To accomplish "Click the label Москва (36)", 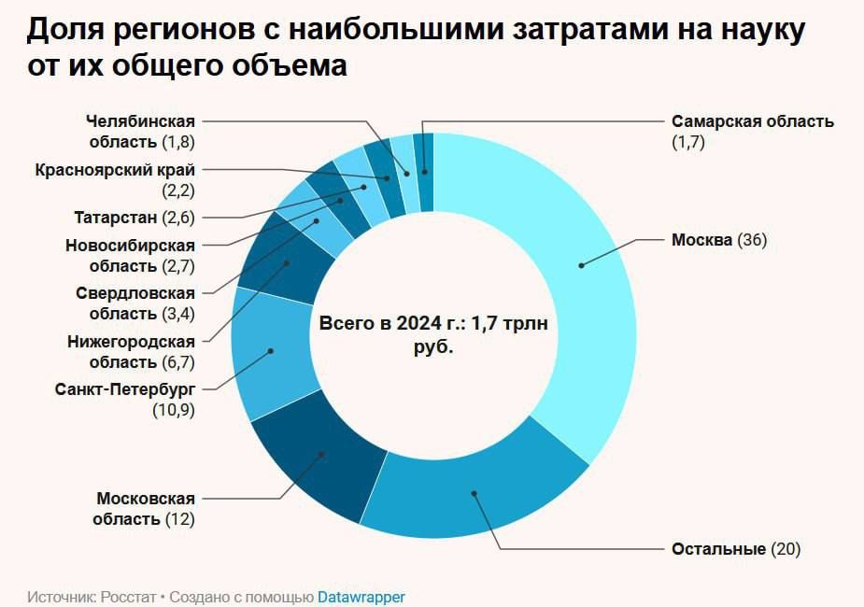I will pos(718,240).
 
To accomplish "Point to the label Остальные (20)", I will pos(736,548).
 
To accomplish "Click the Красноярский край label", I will pos(115,179).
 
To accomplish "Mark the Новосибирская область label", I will pos(130,255).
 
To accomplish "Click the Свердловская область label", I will pos(135,303).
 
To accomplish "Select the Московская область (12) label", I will pos(145,508).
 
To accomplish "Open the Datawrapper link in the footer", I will pos(361,597).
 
